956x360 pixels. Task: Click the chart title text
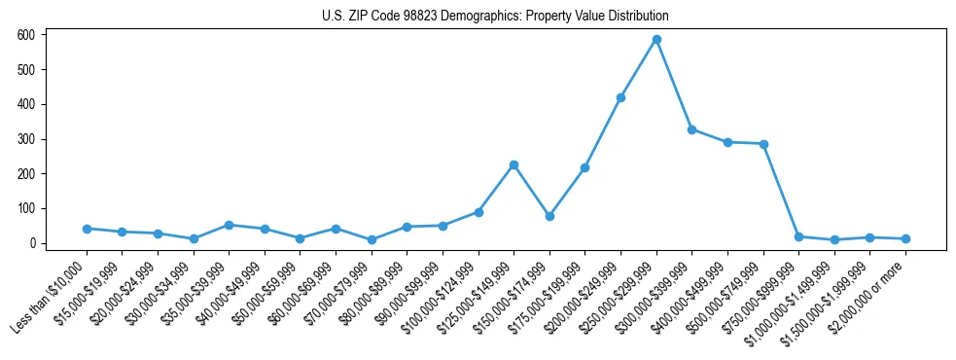coord(495,17)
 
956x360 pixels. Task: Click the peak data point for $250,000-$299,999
coord(656,39)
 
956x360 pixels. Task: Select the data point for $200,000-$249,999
coord(620,97)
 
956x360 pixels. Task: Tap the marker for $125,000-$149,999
coord(513,164)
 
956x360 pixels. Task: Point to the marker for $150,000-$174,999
coord(549,216)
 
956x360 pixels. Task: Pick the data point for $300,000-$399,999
coord(691,129)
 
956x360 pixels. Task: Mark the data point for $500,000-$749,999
coord(763,144)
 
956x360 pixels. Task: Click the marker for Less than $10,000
coord(87,229)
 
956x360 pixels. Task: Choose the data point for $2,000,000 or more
coord(905,238)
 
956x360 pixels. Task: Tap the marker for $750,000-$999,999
coord(798,236)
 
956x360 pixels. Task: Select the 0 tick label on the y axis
coord(32,243)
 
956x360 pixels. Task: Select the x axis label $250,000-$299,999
coord(619,294)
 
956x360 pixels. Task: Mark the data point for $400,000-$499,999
coord(727,142)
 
